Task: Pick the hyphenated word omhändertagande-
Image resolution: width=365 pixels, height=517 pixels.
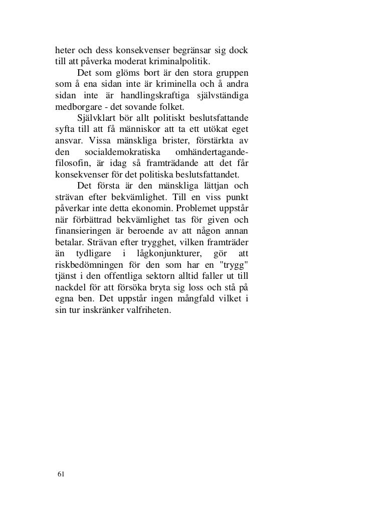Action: point(217,152)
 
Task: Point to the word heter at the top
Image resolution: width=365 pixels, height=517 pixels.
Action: point(65,51)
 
